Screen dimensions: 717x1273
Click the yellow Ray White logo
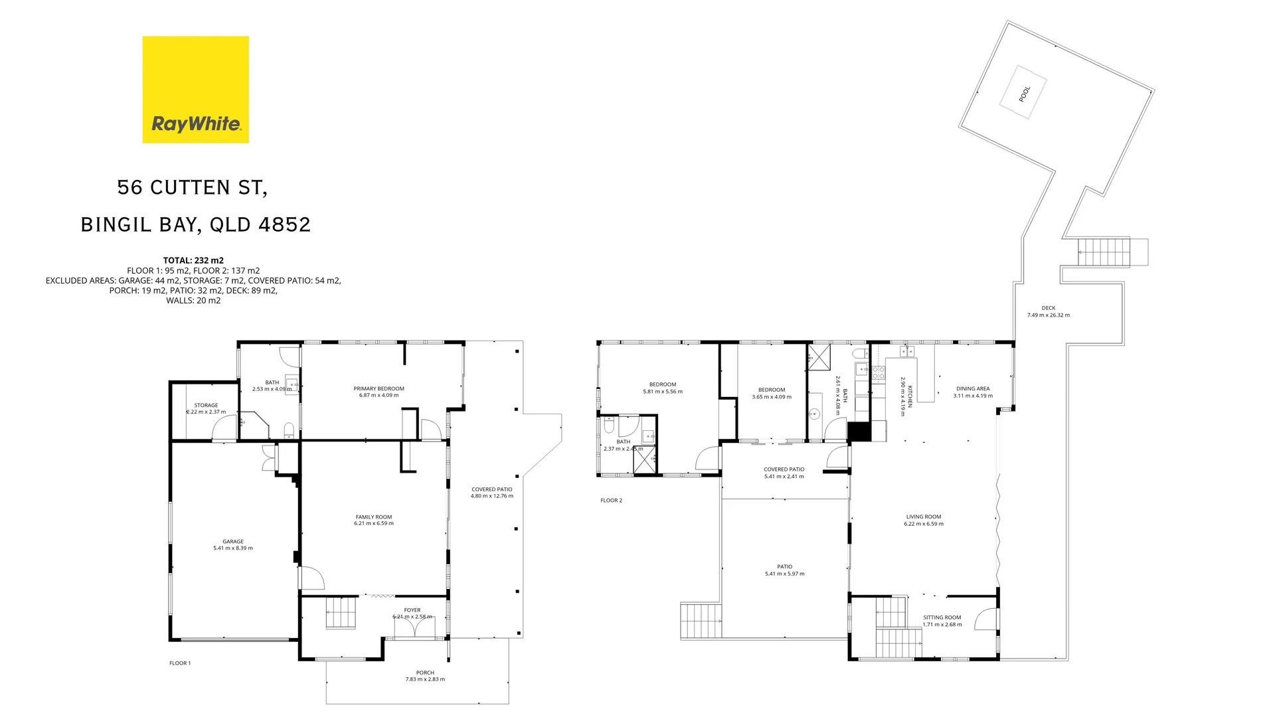(195, 90)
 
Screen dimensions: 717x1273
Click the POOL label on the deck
(1024, 94)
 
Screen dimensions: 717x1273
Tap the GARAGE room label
(232, 542)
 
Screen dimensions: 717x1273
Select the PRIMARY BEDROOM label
(379, 389)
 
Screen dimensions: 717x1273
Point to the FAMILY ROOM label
(373, 517)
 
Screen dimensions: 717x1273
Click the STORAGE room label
(206, 405)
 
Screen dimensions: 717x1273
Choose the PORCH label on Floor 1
(425, 673)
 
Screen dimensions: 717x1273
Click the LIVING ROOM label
(923, 517)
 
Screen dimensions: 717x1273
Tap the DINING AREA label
(973, 389)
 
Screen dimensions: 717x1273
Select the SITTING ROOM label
(942, 617)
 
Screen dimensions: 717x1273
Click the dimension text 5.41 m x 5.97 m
(784, 574)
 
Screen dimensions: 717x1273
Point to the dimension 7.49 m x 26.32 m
(1048, 315)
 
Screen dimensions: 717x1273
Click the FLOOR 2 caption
(611, 501)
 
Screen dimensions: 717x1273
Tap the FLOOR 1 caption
(180, 663)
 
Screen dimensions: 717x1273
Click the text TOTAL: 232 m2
(193, 261)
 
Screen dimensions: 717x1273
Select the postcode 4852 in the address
(284, 225)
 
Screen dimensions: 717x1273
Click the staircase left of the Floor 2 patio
(701, 621)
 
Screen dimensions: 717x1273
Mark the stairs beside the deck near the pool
(1104, 252)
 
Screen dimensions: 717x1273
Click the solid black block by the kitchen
(860, 432)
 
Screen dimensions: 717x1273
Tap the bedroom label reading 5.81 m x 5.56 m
(662, 392)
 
